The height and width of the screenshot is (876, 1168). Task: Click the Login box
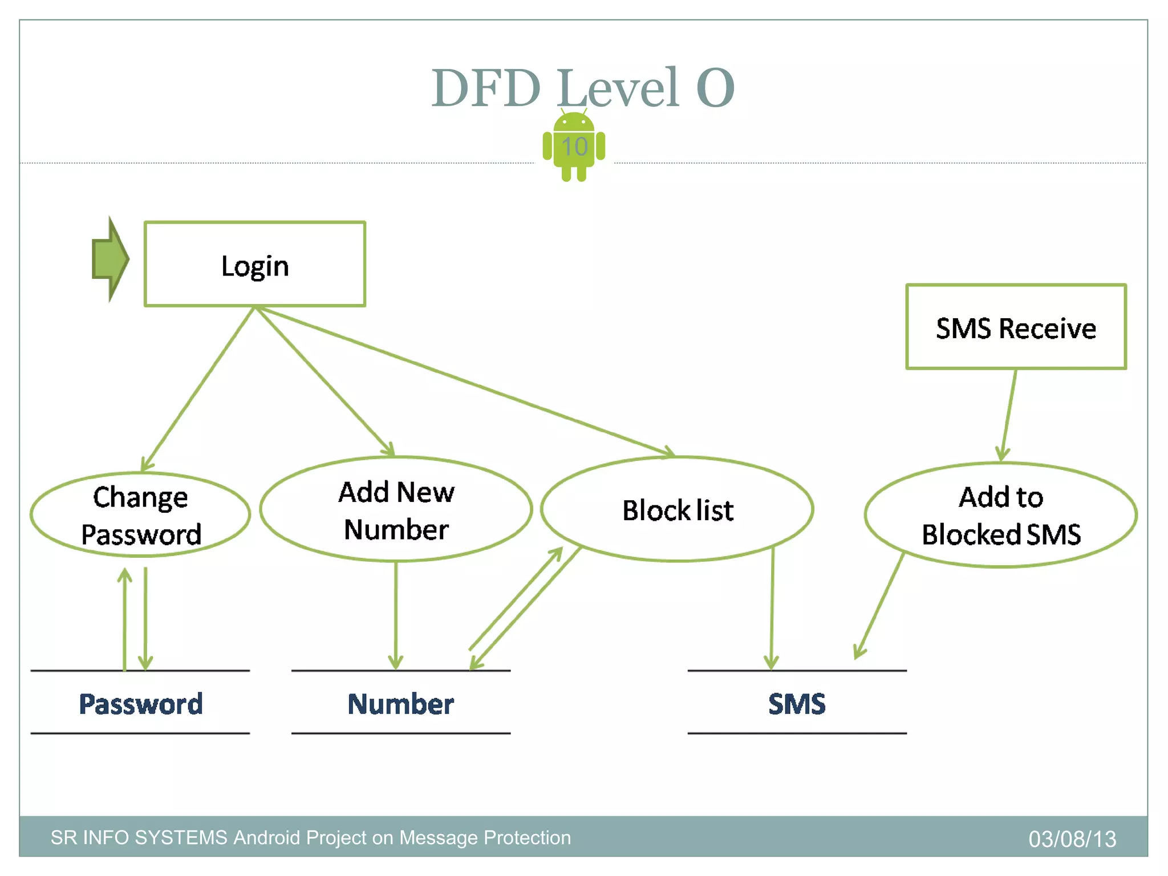pos(254,264)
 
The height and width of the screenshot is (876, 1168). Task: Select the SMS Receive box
pos(1016,327)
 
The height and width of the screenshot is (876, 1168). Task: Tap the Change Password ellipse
pos(140,514)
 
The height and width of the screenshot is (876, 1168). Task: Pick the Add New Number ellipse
pos(396,509)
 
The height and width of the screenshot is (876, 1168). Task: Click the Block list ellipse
pos(677,509)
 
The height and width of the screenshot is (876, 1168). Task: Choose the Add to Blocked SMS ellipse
pos(1001,515)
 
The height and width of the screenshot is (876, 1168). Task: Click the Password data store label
pos(140,703)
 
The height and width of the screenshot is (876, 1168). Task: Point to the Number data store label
pos(400,703)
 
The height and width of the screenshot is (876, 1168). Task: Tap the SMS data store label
pos(797,703)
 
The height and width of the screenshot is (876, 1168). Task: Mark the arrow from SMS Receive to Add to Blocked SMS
pos(1008,415)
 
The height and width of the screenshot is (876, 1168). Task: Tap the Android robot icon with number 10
pos(574,147)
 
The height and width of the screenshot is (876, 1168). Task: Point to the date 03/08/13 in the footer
pos(1072,838)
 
